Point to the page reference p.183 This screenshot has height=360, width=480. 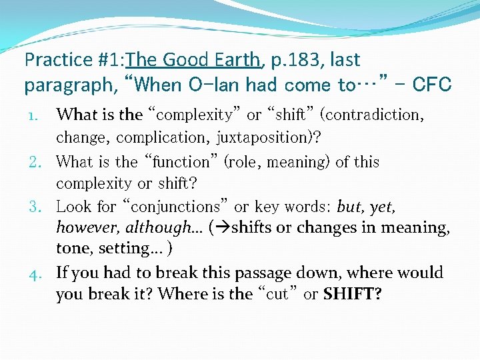click(x=297, y=61)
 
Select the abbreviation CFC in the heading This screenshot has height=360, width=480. click(x=432, y=85)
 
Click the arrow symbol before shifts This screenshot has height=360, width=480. click(x=218, y=228)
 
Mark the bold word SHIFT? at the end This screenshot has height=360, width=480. click(x=352, y=294)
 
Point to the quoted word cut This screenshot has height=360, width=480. click(x=277, y=294)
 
